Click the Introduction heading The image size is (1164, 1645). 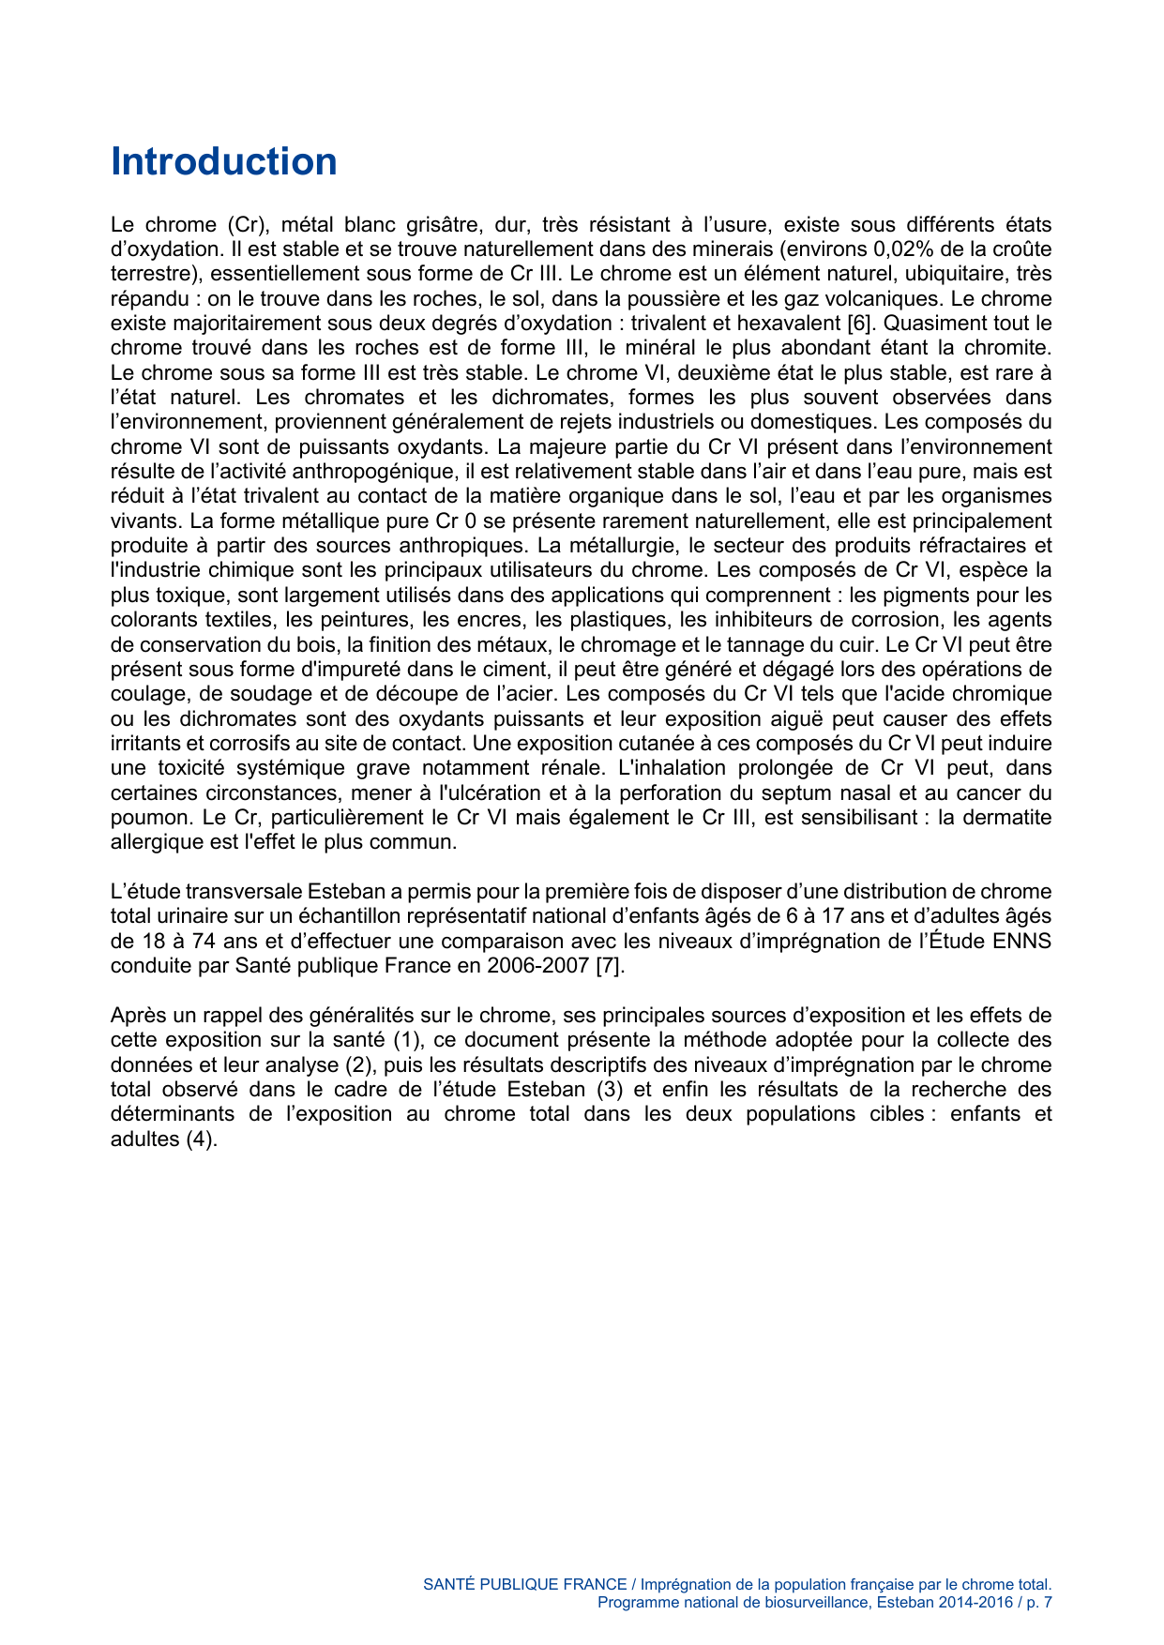coord(223,161)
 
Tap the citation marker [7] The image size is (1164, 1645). coord(610,966)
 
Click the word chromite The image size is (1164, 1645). coord(1006,348)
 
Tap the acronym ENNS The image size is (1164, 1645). coord(1023,941)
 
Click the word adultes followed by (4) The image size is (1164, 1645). coord(144,1139)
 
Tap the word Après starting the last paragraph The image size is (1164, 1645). coord(139,1016)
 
